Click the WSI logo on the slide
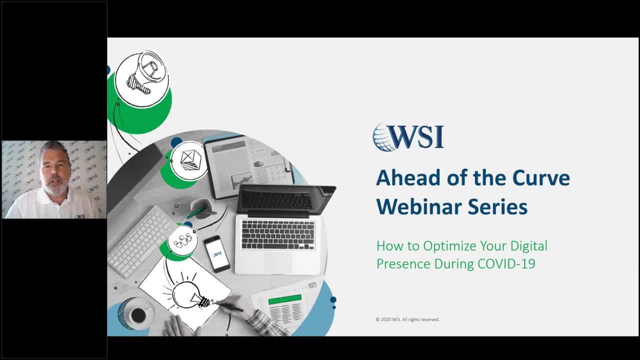(x=408, y=137)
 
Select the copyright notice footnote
(x=407, y=319)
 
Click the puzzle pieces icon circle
(x=182, y=240)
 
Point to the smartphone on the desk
(x=217, y=253)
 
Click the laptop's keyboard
(x=278, y=234)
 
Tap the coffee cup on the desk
(x=137, y=315)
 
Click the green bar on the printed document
(x=285, y=299)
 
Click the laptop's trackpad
(x=277, y=261)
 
